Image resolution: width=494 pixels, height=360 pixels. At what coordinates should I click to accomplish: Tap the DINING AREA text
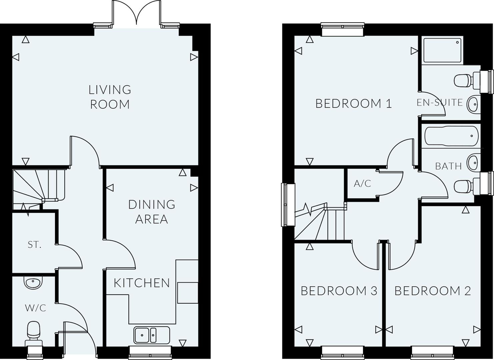(152, 212)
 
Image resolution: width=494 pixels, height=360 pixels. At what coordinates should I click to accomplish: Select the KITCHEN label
(142, 283)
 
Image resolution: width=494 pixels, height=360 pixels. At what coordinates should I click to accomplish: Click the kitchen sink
(151, 335)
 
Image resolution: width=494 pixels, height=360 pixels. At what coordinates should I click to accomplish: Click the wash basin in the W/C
(33, 283)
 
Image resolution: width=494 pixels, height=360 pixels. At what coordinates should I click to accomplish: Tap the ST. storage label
(34, 245)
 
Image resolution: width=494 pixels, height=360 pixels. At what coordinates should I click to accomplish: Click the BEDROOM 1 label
(354, 104)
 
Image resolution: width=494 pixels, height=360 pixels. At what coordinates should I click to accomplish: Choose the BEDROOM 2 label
(433, 291)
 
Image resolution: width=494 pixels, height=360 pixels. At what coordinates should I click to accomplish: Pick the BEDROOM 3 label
(339, 291)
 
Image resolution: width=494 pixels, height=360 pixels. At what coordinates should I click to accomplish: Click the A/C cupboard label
(362, 183)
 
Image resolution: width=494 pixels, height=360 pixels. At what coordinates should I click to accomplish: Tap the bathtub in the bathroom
(451, 136)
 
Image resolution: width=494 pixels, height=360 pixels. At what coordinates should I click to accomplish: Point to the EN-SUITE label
(440, 102)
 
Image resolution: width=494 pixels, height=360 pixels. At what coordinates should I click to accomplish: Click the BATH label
(448, 166)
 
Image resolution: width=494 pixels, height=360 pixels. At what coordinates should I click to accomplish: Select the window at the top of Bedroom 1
(342, 29)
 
